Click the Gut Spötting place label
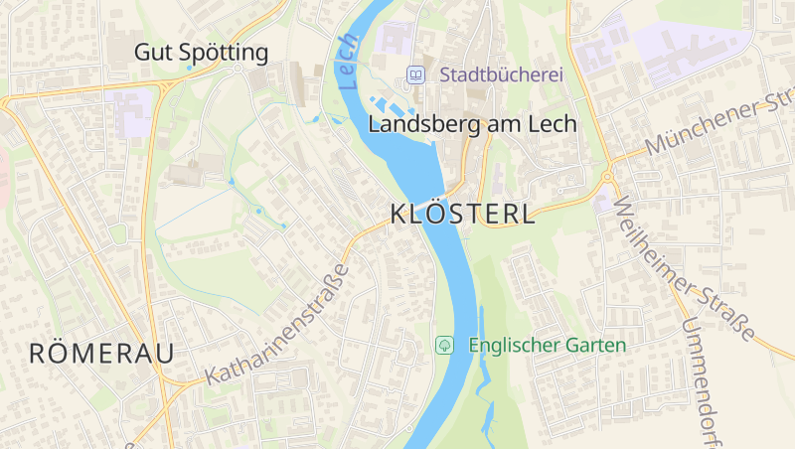point(202,52)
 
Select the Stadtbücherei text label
point(501,75)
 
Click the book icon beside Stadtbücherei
point(416,75)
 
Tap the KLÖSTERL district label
point(462,214)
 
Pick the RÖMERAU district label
point(101,353)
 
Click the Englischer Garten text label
point(547,346)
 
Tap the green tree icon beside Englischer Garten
point(445,346)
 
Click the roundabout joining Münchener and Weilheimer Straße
point(607,178)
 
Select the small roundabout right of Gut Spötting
point(238,69)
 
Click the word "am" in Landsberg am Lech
point(485,125)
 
